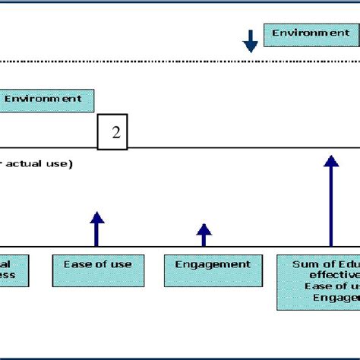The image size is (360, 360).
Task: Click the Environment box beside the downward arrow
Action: pyautogui.click(x=307, y=34)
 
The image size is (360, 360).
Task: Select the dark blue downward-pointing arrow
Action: pyautogui.click(x=251, y=42)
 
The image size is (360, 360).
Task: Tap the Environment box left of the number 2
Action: pyautogui.click(x=44, y=99)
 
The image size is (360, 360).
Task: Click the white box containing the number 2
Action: pyautogui.click(x=113, y=132)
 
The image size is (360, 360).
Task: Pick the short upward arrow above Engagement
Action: pyautogui.click(x=204, y=235)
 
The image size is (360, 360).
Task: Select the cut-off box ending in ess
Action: pyautogui.click(x=15, y=270)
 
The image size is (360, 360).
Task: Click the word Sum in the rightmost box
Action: pyautogui.click(x=304, y=264)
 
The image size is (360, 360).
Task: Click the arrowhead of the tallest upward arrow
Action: pyautogui.click(x=330, y=161)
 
